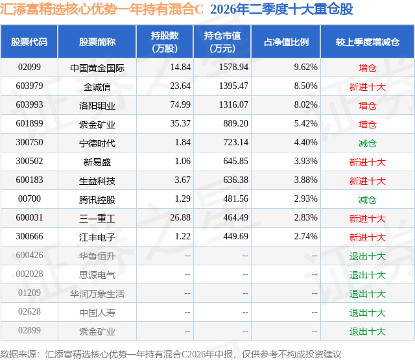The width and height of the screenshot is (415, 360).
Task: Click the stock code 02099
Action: tap(29, 67)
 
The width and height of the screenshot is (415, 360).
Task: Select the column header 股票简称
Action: tap(97, 42)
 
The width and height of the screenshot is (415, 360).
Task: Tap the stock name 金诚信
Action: tap(97, 87)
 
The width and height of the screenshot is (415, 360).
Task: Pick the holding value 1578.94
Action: tap(233, 67)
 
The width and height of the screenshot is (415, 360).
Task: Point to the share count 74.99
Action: tap(180, 104)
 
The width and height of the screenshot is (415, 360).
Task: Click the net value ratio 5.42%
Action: tap(305, 123)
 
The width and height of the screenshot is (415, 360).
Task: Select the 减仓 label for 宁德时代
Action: tap(368, 143)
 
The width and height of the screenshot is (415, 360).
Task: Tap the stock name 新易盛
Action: tap(97, 162)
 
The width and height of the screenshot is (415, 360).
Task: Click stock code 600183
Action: tap(29, 180)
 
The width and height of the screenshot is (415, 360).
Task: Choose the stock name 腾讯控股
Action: tap(97, 200)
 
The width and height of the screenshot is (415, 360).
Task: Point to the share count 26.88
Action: tap(180, 217)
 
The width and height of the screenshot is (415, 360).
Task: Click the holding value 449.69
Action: tap(235, 236)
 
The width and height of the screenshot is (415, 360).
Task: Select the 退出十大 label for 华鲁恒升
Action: tap(368, 256)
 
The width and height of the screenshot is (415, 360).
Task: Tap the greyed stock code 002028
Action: tap(29, 274)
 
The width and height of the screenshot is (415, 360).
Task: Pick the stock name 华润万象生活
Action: tap(97, 294)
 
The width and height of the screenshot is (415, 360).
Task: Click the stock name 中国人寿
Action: tap(97, 313)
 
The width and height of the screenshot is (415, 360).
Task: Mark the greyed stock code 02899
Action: tap(29, 330)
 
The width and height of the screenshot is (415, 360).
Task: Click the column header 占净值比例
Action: tap(286, 42)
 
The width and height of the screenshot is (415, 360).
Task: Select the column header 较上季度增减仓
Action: tap(368, 42)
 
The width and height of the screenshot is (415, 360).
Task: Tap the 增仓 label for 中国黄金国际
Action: tap(368, 68)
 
